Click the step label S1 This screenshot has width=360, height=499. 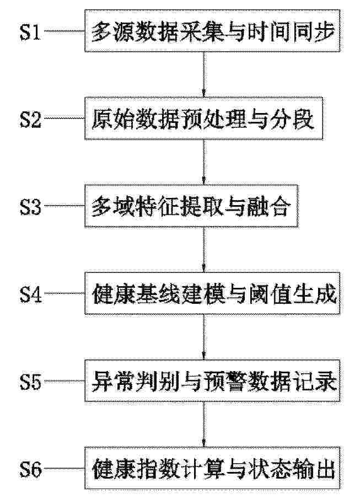(x=30, y=32)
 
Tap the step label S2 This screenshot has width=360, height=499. (x=30, y=119)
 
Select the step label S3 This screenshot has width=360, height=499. (x=30, y=207)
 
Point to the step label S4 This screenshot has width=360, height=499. (x=30, y=294)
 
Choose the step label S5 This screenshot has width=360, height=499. (x=30, y=382)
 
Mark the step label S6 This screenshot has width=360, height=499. (x=30, y=469)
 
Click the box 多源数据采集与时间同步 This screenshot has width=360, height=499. (x=212, y=30)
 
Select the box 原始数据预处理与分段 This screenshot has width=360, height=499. (x=204, y=119)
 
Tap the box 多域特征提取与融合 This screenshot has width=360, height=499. (x=191, y=206)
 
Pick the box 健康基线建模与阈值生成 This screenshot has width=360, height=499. (x=212, y=293)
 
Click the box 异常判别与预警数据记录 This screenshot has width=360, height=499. (x=212, y=380)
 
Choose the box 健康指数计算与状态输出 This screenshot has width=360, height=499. (x=212, y=468)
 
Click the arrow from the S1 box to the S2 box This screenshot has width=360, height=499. (x=204, y=74)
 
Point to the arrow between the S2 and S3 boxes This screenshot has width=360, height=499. (x=204, y=162)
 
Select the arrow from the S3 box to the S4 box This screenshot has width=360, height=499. (x=204, y=249)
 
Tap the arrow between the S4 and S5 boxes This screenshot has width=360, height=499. (x=204, y=337)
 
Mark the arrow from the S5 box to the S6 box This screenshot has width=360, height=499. (x=204, y=424)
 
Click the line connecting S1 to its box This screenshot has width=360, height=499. (x=65, y=31)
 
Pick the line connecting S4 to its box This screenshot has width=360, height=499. (x=65, y=293)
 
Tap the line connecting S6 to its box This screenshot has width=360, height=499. (x=65, y=469)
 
